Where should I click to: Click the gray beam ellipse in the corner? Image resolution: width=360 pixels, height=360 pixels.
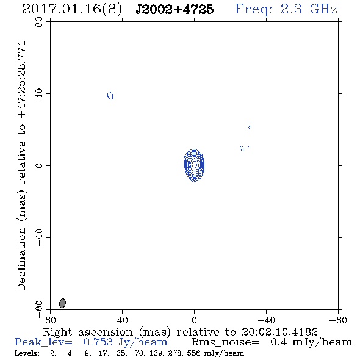[62, 303]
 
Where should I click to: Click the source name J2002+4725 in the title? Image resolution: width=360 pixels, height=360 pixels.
[175, 9]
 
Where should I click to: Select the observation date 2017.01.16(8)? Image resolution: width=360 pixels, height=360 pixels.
[72, 10]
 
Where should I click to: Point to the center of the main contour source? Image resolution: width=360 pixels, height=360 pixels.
[194, 165]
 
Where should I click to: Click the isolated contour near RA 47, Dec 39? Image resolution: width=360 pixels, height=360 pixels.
[110, 95]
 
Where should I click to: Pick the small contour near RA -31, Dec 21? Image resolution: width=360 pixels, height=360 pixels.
[250, 128]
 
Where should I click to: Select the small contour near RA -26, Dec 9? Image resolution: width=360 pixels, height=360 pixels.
[242, 148]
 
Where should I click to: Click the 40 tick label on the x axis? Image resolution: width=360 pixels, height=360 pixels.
[122, 320]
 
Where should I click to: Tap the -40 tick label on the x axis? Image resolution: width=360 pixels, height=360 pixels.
[266, 320]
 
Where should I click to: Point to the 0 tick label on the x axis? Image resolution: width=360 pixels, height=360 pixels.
[194, 320]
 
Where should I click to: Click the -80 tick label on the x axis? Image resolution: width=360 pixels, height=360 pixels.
[338, 320]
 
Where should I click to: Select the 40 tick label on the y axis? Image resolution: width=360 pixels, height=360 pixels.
[39, 94]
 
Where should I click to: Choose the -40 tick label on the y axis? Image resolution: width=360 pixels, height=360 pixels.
[39, 237]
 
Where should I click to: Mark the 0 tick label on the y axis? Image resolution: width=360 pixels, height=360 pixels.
[39, 165]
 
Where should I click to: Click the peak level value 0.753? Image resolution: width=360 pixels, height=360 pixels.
[98, 342]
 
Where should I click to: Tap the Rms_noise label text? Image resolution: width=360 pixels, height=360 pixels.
[225, 342]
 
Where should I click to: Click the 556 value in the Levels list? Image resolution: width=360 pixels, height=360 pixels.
[193, 353]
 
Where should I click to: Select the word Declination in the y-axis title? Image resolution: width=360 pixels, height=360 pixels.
[21, 259]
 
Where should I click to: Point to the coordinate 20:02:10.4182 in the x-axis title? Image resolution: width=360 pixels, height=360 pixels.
[279, 332]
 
